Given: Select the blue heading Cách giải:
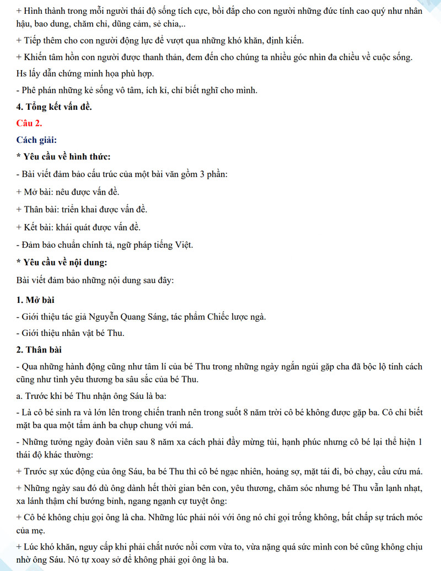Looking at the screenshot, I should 36,139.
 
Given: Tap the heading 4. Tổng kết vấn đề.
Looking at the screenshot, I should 54,106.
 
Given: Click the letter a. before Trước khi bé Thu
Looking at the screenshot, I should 20,396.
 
